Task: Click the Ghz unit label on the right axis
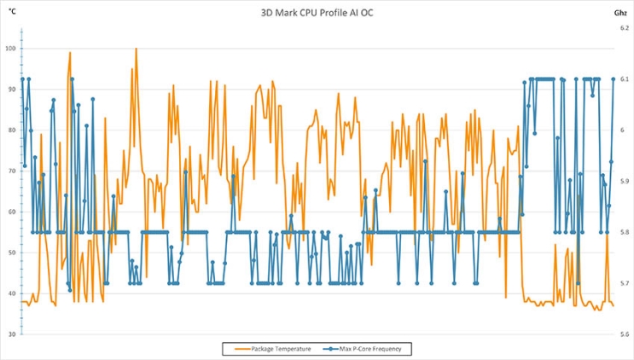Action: click(x=619, y=14)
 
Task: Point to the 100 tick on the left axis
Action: click(x=10, y=48)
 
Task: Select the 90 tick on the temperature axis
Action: click(x=11, y=89)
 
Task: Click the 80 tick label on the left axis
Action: click(x=11, y=130)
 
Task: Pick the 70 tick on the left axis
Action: click(x=11, y=171)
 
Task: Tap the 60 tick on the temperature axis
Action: click(x=11, y=212)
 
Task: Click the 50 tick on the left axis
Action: click(x=11, y=253)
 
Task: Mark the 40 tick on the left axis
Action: click(x=11, y=293)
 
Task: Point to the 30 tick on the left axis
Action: click(x=11, y=334)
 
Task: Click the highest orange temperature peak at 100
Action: click(x=136, y=49)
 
